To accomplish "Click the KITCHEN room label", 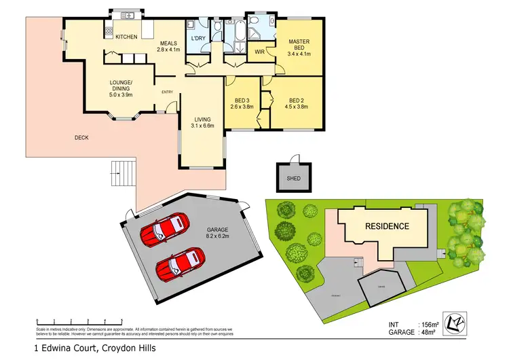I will pos(126,37).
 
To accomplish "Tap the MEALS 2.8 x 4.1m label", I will pos(169,46).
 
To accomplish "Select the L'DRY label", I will pos(198,38).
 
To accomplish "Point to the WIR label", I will pos(259,52).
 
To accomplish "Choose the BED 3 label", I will pos(243,102).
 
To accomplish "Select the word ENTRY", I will pos(167,92).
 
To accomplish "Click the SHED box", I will pos(293,178).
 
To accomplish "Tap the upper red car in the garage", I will pos(164,229).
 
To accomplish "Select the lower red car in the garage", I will pos(181,263).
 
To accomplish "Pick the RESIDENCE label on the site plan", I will pos(388,226).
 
